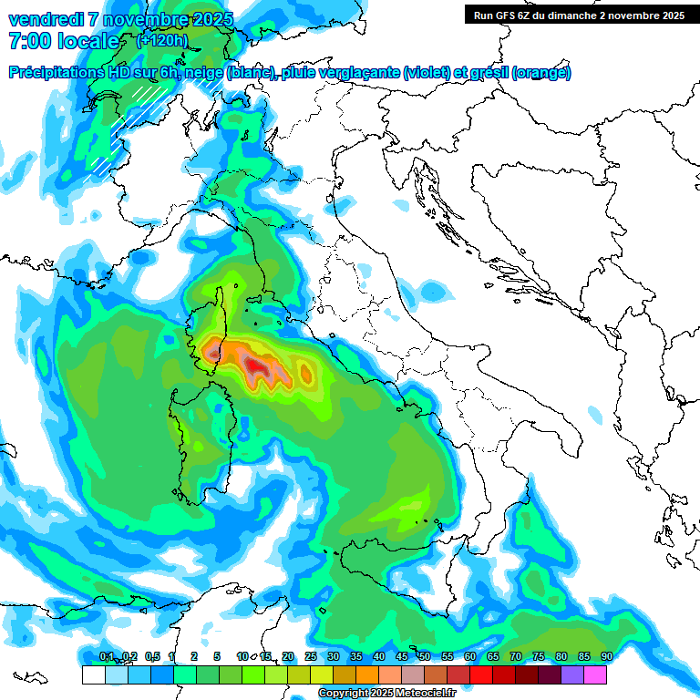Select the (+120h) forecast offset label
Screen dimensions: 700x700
(162, 40)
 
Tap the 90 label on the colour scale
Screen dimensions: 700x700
(606, 656)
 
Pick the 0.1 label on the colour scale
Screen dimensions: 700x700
(106, 656)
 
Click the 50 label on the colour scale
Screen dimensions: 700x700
(424, 656)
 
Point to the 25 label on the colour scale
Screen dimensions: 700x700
(310, 656)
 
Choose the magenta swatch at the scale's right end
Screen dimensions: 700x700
(595, 674)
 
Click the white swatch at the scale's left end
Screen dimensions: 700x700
(93, 674)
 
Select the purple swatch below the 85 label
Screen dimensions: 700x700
(572, 674)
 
